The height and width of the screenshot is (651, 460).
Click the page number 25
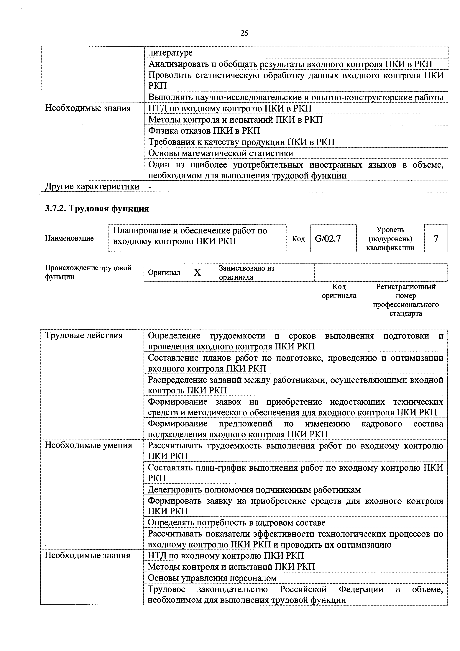point(244,33)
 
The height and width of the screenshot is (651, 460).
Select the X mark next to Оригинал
point(197,272)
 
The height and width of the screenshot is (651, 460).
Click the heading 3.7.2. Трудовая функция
point(97,209)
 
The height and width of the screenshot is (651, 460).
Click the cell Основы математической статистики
point(221,153)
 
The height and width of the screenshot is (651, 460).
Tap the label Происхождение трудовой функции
point(88,272)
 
